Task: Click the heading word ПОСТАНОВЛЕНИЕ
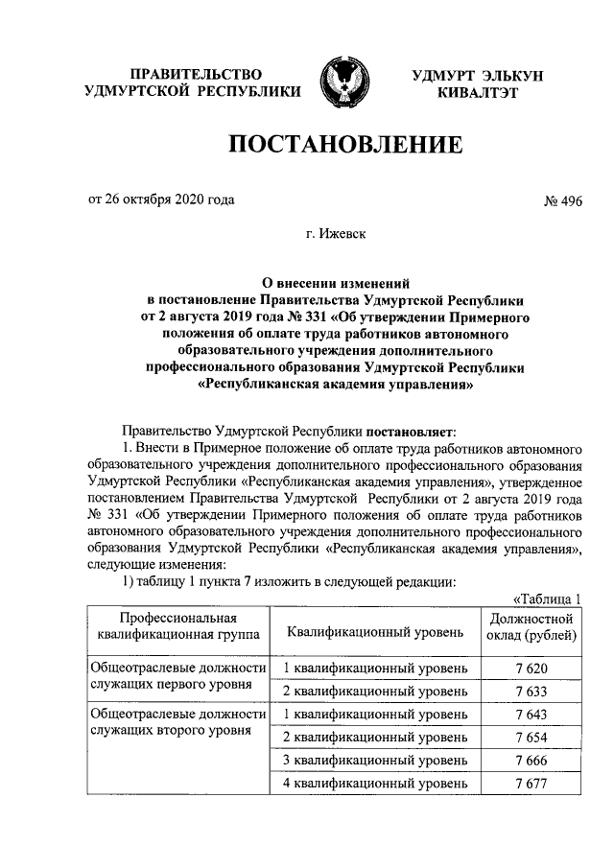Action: click(x=343, y=147)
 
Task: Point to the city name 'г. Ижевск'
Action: click(x=342, y=234)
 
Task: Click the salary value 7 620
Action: click(x=531, y=667)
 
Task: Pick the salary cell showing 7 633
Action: click(x=531, y=691)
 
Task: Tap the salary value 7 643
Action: click(x=531, y=715)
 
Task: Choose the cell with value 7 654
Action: click(x=531, y=738)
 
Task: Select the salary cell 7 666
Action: click(x=531, y=762)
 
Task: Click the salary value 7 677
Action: click(x=531, y=785)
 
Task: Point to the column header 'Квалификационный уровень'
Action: click(x=375, y=631)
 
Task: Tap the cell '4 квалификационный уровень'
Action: click(x=375, y=785)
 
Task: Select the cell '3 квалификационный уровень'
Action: click(x=375, y=762)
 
